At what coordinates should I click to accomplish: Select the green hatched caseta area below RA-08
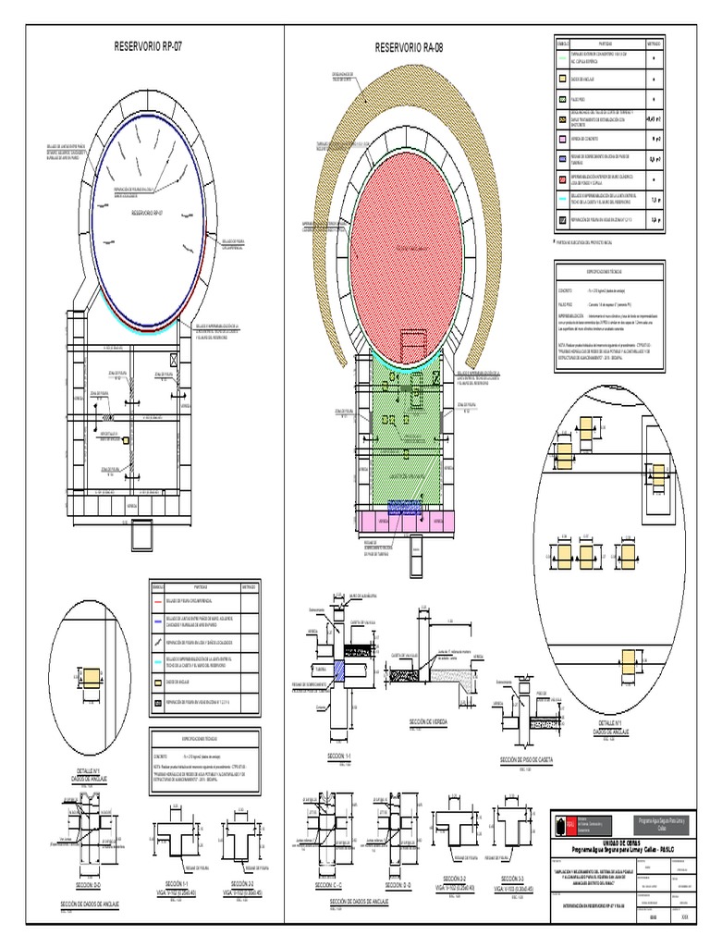(x=410, y=435)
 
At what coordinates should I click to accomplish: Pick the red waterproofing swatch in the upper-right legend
(x=561, y=178)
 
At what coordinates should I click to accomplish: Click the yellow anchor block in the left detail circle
(x=92, y=680)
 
